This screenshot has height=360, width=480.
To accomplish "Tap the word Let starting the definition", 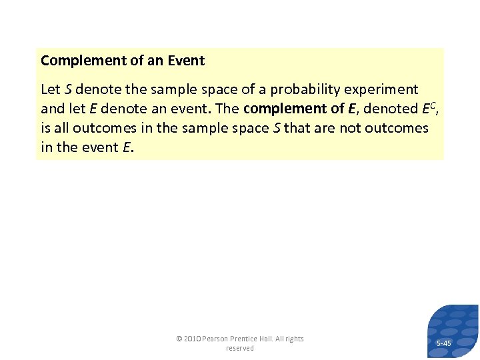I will point(51,89).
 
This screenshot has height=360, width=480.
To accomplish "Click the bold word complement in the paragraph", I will point(279,109).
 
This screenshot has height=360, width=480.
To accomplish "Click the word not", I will point(350,127).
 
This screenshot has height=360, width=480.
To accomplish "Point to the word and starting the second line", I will point(53,109).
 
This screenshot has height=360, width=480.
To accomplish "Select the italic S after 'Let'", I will point(68,89).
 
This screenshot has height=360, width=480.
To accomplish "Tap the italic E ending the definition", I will point(127,147).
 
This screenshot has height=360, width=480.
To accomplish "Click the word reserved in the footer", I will point(239,348).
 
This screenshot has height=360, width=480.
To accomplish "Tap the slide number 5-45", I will point(443,343).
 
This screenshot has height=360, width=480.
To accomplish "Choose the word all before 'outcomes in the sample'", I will point(58,127).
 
